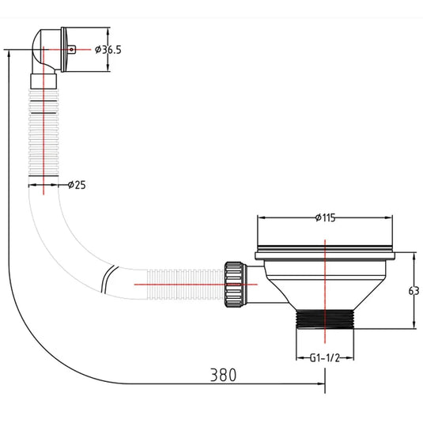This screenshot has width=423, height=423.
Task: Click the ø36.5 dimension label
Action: [x=108, y=50]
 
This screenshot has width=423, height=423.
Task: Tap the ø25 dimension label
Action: [x=77, y=185]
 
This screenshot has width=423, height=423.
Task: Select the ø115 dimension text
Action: [x=325, y=217]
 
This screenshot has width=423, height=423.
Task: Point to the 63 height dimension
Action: [x=414, y=291]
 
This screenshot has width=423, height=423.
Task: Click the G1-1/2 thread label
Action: [x=324, y=358]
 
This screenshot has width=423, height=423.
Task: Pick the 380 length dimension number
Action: [x=223, y=375]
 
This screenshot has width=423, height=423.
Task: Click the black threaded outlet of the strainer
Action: [x=325, y=319]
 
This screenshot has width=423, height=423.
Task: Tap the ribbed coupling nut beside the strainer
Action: [x=235, y=285]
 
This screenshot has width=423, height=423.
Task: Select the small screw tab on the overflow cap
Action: [x=71, y=50]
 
